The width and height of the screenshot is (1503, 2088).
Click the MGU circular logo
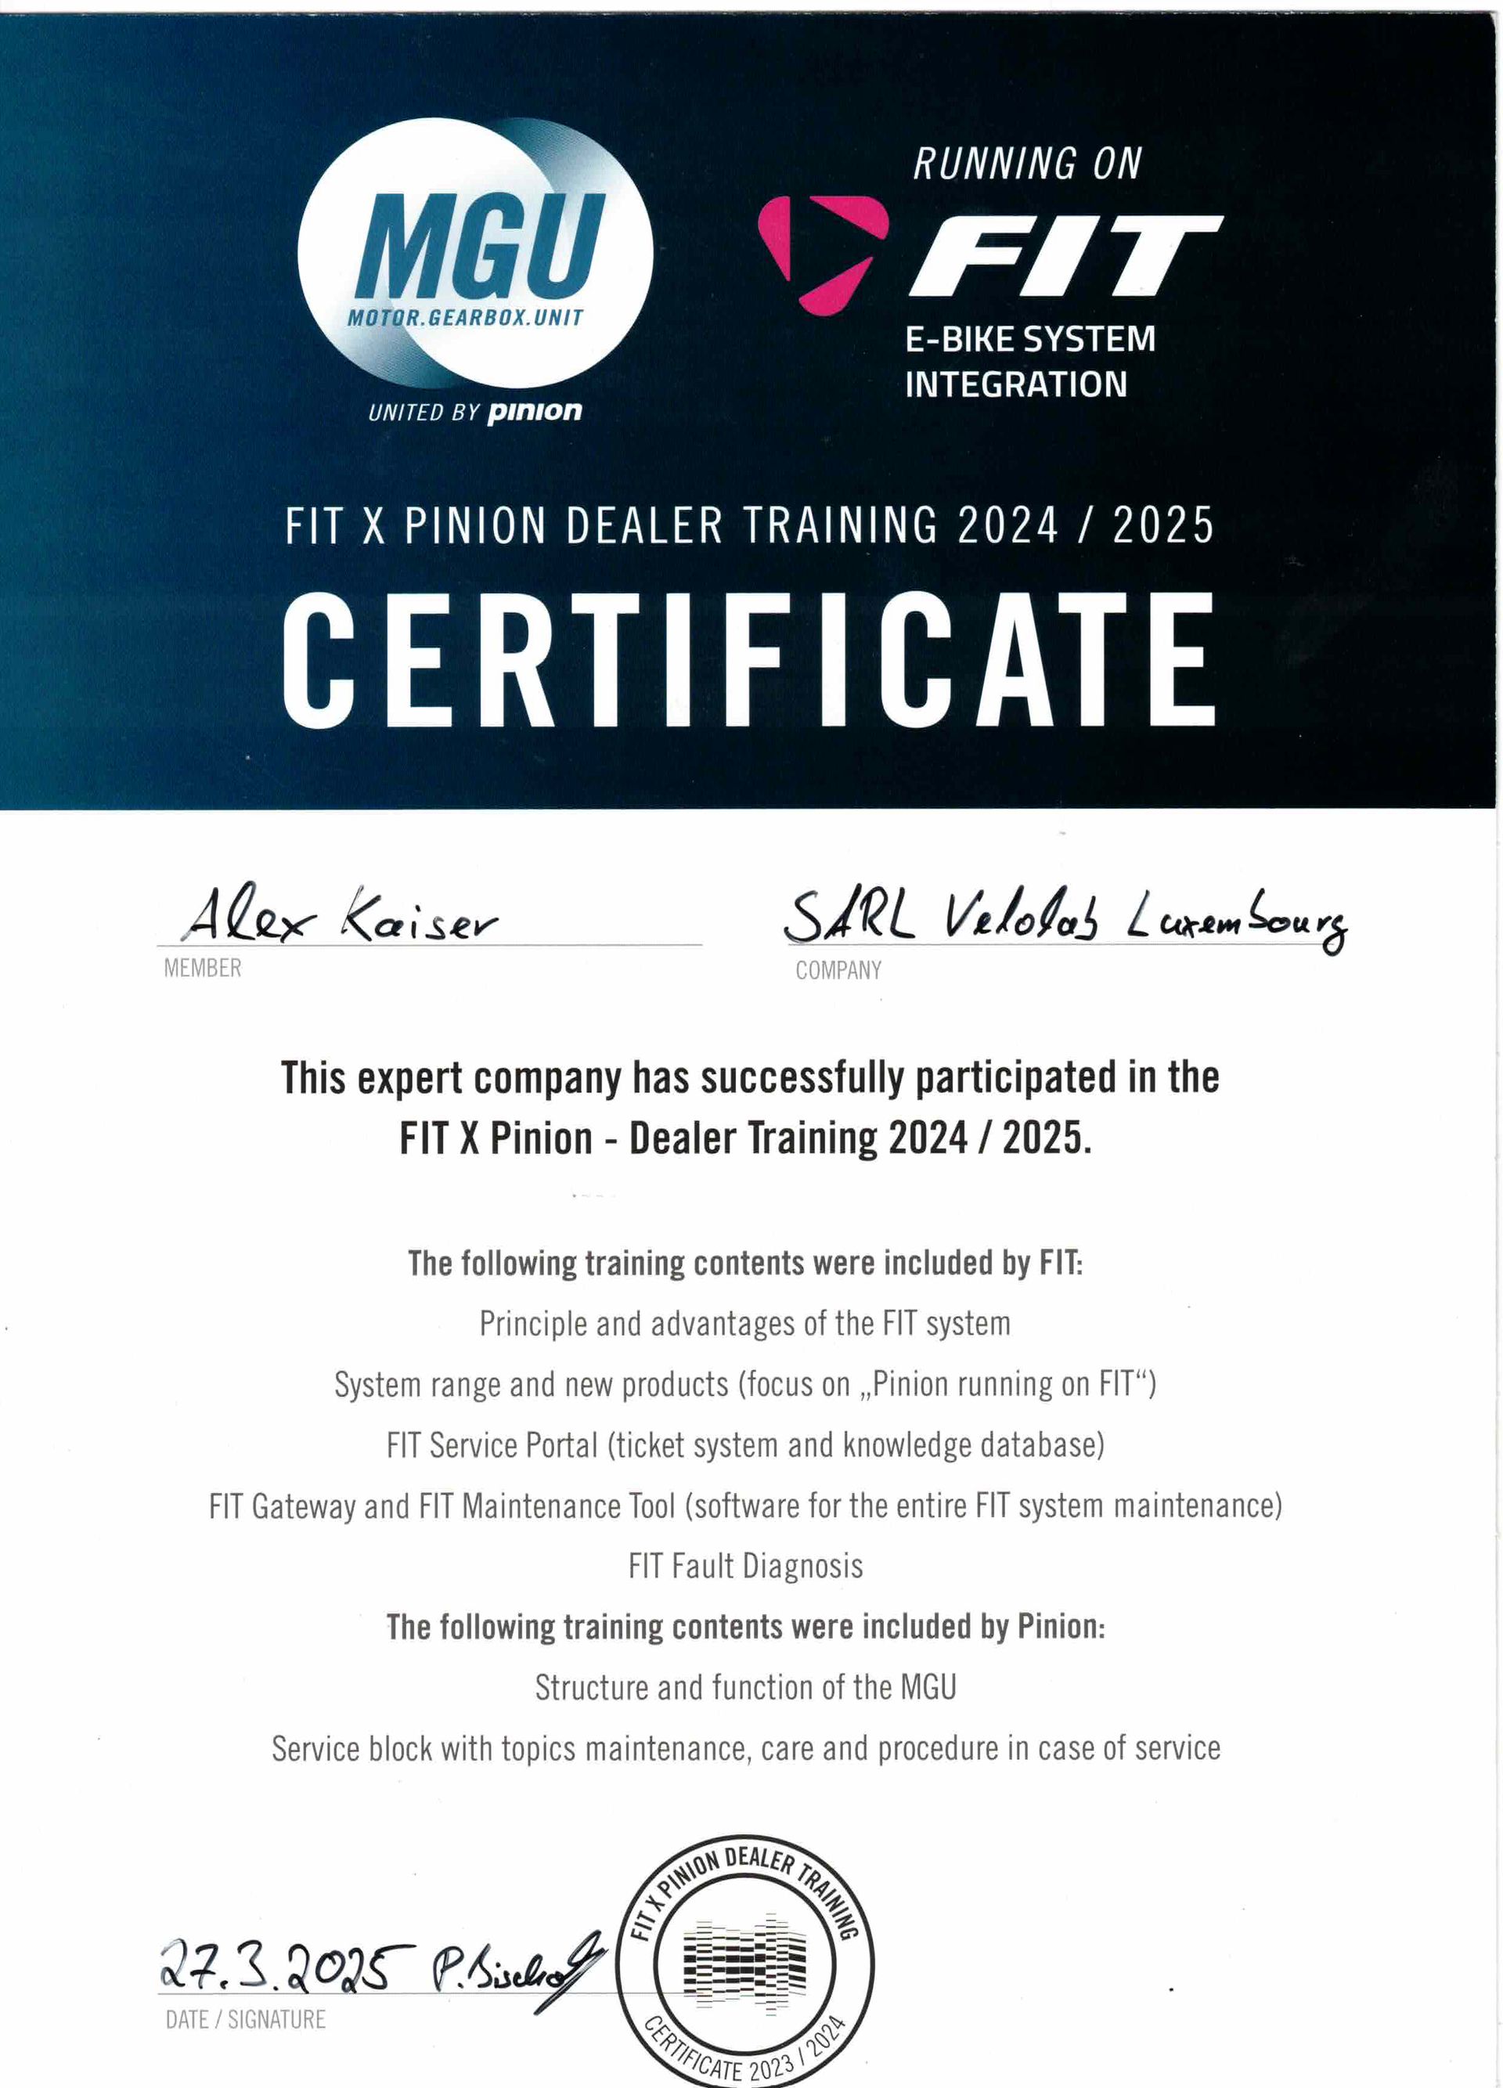tap(475, 253)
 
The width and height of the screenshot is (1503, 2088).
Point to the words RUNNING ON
tap(1026, 164)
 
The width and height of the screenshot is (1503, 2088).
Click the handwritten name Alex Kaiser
tap(341, 917)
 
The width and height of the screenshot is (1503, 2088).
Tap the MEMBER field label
tap(203, 968)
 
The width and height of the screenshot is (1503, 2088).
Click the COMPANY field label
tap(838, 970)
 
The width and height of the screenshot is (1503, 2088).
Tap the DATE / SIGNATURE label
tap(245, 2020)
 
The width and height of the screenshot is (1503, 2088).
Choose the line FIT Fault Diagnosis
tap(745, 1566)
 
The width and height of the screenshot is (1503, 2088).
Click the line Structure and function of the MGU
tap(745, 1687)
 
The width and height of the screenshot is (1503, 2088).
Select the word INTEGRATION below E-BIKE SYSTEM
tap(1015, 384)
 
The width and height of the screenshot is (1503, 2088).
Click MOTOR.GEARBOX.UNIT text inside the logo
tap(465, 318)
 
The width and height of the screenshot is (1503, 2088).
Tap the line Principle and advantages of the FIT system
tap(744, 1324)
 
